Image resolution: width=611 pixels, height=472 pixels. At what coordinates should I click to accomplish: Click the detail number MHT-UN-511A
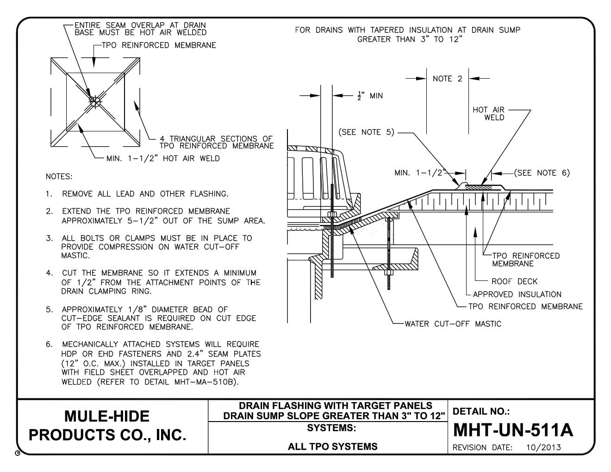(x=513, y=430)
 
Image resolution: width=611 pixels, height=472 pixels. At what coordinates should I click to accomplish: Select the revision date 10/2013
(x=543, y=447)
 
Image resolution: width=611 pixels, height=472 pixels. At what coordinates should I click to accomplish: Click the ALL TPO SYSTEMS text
(x=333, y=447)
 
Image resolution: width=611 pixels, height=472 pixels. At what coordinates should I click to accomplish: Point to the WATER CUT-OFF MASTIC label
(x=453, y=324)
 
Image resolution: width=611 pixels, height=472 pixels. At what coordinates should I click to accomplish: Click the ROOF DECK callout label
(x=514, y=281)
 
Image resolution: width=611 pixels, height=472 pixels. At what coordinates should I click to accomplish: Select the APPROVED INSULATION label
(x=517, y=294)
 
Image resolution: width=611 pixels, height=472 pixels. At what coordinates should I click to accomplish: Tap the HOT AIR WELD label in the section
(x=488, y=113)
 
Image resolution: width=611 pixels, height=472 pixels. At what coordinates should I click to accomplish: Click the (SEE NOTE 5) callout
(x=366, y=132)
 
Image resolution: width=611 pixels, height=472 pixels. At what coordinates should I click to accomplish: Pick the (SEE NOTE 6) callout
(x=542, y=173)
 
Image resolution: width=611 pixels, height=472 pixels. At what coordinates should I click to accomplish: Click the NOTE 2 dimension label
(x=447, y=79)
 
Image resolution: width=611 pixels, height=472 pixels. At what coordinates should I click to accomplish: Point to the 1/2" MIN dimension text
(x=370, y=96)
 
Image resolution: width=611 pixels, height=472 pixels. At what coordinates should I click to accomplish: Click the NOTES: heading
(x=59, y=177)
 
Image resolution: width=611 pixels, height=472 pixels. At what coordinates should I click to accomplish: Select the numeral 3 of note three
(x=49, y=238)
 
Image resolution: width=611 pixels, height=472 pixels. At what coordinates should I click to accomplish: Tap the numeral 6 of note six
(x=49, y=344)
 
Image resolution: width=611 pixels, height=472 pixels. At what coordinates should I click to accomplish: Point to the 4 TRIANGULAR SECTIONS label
(x=217, y=142)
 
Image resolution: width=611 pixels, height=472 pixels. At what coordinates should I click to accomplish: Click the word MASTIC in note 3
(x=75, y=255)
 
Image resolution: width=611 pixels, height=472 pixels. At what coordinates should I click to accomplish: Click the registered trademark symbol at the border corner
(x=18, y=453)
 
